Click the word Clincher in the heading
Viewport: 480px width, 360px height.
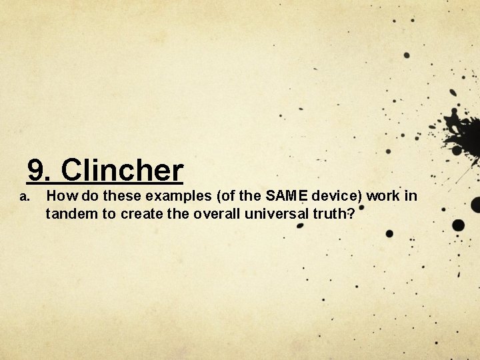coord(125,171)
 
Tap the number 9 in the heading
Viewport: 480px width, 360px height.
coord(38,171)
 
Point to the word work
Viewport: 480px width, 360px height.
coord(388,196)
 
